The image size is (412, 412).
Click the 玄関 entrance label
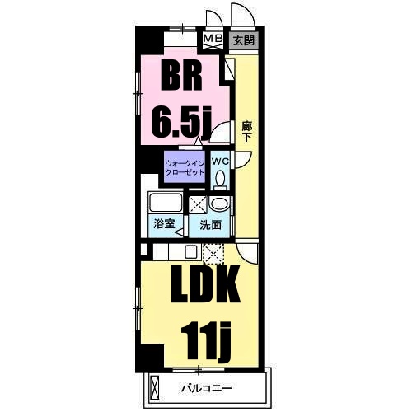pyautogui.click(x=244, y=40)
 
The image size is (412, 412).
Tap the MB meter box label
pyautogui.click(x=213, y=38)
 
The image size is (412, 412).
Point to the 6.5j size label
pyautogui.click(x=181, y=122)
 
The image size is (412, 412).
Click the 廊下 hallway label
pyautogui.click(x=247, y=131)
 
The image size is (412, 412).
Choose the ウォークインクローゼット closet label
pyautogui.click(x=185, y=168)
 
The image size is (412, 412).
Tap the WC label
pyautogui.click(x=220, y=162)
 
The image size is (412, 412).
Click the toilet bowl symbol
pyautogui.click(x=220, y=179)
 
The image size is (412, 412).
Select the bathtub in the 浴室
pyautogui.click(x=166, y=203)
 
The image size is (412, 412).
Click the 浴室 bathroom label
pyautogui.click(x=164, y=224)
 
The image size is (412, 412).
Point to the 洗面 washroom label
pyautogui.click(x=210, y=225)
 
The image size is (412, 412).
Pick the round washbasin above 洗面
pyautogui.click(x=219, y=204)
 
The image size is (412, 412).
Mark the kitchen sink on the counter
pyautogui.click(x=190, y=251)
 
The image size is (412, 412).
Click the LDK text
pyautogui.click(x=205, y=284)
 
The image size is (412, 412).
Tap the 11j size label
pyautogui.click(x=205, y=341)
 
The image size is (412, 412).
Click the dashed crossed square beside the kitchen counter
pyautogui.click(x=213, y=252)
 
